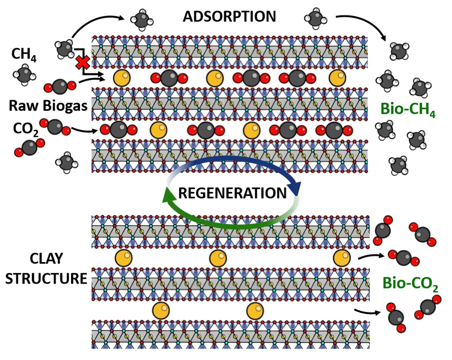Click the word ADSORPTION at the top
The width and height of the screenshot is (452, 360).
point(230,16)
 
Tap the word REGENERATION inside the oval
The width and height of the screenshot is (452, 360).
point(232,193)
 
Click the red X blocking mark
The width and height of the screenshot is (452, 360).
point(83,63)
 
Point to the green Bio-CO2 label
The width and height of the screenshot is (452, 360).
point(410,284)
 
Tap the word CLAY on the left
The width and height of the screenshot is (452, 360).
point(46,259)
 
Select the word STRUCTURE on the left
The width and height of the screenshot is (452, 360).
point(46,278)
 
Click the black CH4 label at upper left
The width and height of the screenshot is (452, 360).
point(24,54)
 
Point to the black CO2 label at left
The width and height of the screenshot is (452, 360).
point(26,129)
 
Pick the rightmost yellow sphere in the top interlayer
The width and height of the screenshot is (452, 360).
point(337,78)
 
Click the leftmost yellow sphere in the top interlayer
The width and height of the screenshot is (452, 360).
point(122,78)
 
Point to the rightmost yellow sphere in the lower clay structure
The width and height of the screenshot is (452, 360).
point(342,258)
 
